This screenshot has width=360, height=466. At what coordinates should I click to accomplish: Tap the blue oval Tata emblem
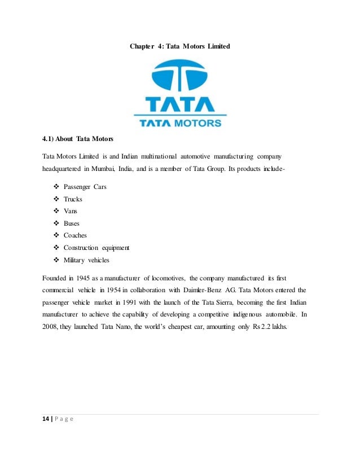click(179, 77)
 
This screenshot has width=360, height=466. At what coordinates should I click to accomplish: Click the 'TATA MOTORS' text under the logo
click(180, 121)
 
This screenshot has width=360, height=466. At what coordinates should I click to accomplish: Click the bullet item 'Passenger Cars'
click(85, 186)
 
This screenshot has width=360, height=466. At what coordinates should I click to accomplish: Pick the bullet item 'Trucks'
click(73, 199)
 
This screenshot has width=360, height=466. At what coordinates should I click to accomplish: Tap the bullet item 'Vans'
click(71, 211)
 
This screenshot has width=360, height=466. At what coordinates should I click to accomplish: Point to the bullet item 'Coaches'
click(75, 235)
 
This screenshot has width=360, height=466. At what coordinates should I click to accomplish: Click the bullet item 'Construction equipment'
click(96, 248)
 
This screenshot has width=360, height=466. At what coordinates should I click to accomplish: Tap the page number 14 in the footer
click(46, 418)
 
